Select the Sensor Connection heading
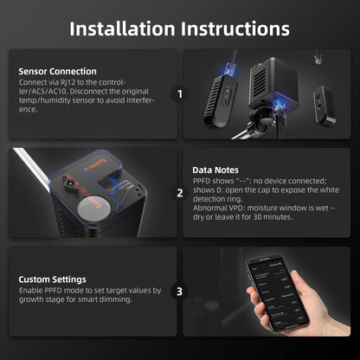(x=57, y=71)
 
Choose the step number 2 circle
(x=180, y=193)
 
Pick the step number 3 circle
(x=180, y=292)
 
